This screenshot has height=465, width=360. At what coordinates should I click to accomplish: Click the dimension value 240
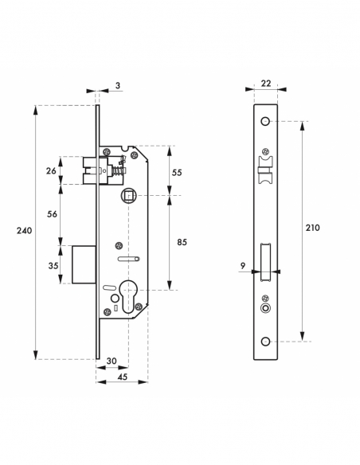25,231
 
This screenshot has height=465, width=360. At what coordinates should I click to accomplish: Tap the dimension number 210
312,228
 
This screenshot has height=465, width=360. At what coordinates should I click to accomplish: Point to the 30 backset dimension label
112,361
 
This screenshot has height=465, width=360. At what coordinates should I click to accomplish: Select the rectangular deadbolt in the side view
84,264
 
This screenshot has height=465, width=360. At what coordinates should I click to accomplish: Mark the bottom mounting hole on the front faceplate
265,341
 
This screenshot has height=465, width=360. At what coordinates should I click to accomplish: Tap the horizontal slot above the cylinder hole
128,260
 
